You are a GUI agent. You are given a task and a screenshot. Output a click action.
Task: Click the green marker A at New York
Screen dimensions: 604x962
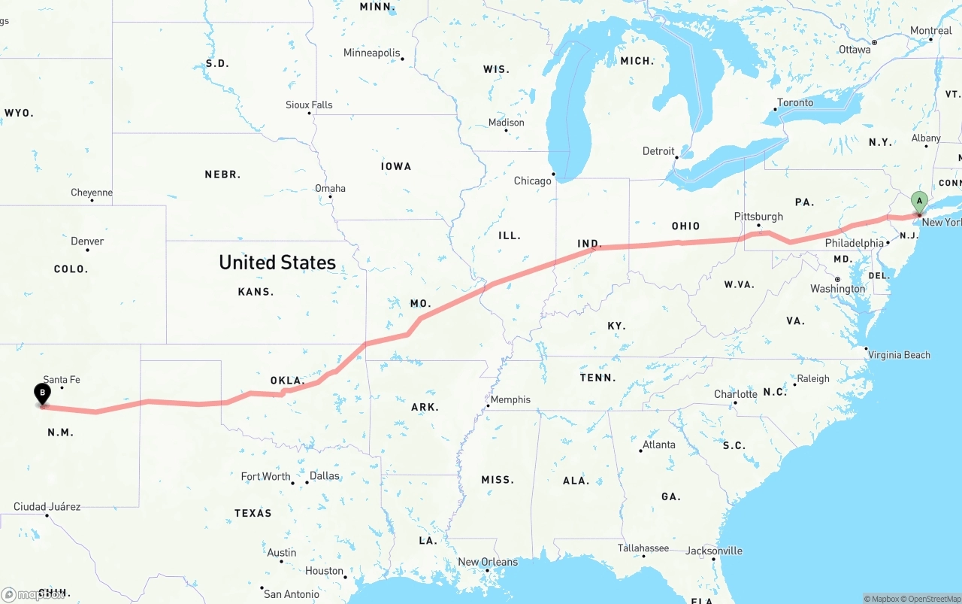pos(918,202)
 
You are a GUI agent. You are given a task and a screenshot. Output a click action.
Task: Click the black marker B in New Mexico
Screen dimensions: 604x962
pos(43,393)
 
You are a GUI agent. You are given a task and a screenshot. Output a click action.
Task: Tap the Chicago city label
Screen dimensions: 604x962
pos(532,181)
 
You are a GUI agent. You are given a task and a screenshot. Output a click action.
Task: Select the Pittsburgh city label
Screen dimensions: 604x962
pos(758,217)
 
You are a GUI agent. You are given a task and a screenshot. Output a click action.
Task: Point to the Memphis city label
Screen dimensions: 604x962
pos(510,399)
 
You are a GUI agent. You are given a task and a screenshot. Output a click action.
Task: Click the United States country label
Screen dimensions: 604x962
pos(277,263)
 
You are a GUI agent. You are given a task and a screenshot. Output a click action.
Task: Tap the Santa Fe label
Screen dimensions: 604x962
pos(62,380)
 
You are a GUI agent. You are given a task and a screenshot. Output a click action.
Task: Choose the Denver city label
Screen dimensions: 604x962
pos(87,241)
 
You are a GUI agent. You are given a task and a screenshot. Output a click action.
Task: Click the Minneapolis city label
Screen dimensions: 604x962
pos(371,53)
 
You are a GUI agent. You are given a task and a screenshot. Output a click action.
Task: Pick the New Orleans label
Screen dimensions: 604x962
pos(488,562)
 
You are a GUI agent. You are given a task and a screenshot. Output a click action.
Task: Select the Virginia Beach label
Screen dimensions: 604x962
pos(899,355)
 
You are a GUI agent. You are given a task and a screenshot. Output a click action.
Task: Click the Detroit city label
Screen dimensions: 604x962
pos(658,151)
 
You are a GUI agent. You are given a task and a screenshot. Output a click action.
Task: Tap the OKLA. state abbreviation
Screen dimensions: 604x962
pos(288,381)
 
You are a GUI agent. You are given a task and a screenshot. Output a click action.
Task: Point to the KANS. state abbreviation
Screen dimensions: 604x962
pos(256,292)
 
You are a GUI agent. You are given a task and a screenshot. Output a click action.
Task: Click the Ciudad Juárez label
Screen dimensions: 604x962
pos(47,507)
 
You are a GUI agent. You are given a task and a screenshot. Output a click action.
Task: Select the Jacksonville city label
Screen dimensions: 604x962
pos(714,551)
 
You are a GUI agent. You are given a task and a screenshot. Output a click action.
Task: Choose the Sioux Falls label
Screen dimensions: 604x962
pos(309,105)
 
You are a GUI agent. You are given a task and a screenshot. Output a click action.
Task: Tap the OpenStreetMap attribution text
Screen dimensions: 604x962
pos(931,599)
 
